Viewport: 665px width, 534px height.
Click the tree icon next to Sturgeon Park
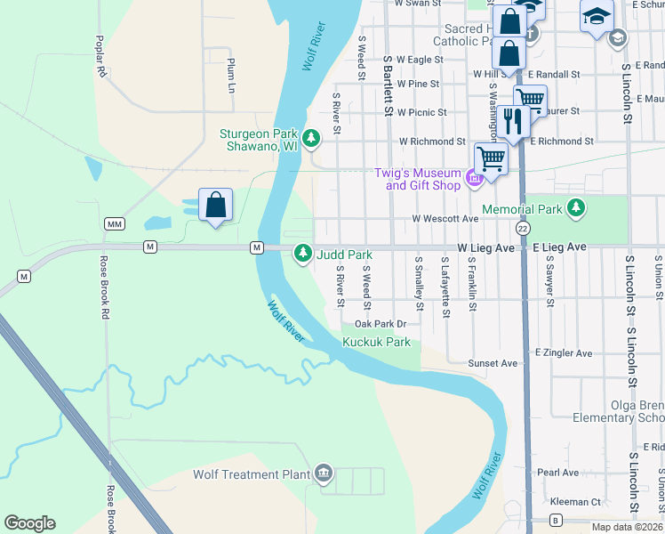(311, 138)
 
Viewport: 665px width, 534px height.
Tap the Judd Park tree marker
(303, 254)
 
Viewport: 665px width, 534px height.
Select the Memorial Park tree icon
(577, 209)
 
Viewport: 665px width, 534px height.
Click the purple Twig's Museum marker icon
(474, 180)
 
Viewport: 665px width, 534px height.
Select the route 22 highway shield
(524, 229)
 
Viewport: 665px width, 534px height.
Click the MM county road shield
(114, 223)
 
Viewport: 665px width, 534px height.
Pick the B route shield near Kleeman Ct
(557, 519)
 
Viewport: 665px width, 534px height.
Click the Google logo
(29, 523)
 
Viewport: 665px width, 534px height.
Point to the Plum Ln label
(230, 76)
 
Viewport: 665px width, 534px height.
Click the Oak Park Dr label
(380, 324)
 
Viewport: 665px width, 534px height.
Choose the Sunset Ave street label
(493, 363)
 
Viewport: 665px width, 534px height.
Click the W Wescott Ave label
(445, 218)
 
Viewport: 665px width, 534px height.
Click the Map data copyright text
(627, 527)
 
